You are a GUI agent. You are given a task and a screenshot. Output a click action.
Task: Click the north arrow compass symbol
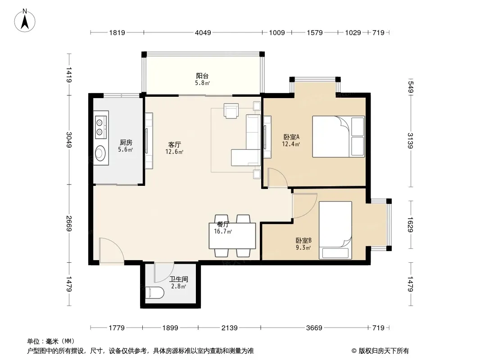point(25,21)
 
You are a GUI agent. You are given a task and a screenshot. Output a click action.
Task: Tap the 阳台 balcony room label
point(202,76)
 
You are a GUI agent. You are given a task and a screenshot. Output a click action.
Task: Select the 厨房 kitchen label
point(126,142)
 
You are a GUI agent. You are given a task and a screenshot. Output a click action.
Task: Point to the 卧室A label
point(291,137)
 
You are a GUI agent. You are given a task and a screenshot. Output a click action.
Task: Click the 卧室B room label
point(303,240)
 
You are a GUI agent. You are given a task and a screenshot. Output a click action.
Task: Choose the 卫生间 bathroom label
point(179,279)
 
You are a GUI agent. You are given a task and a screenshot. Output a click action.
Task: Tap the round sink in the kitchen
point(100,153)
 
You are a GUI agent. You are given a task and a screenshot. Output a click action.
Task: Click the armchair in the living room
point(231,110)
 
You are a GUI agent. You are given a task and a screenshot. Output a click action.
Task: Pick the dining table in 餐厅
point(232,236)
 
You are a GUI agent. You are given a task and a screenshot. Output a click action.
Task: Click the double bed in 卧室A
point(338,136)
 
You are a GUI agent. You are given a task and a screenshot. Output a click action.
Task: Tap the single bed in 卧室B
point(335,230)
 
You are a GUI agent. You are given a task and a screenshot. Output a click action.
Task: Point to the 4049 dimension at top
point(203,32)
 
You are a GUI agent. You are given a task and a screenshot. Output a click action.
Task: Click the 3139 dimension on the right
point(411,141)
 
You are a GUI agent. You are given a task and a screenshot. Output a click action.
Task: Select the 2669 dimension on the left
point(69,224)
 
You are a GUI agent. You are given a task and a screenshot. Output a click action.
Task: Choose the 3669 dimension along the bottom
point(314,328)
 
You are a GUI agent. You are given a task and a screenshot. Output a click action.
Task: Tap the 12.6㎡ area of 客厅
point(175,152)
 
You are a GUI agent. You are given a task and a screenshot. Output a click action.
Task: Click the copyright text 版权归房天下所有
point(384,351)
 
